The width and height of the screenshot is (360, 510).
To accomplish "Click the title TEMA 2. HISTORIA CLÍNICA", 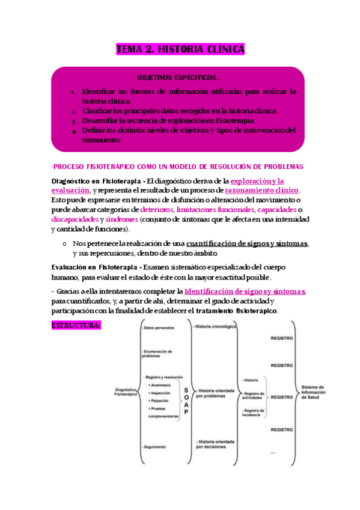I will click(x=180, y=50).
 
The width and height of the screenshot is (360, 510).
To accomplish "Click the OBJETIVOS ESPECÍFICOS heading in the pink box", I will click(x=178, y=78).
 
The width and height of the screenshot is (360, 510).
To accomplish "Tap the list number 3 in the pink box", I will click(x=72, y=121).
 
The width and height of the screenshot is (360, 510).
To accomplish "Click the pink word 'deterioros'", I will click(x=156, y=209).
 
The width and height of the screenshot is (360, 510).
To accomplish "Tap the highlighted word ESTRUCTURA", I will click(x=76, y=325).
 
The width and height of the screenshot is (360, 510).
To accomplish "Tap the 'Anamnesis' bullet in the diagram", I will click(x=161, y=384).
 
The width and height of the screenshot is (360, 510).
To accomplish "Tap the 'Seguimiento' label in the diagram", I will click(x=155, y=446).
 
